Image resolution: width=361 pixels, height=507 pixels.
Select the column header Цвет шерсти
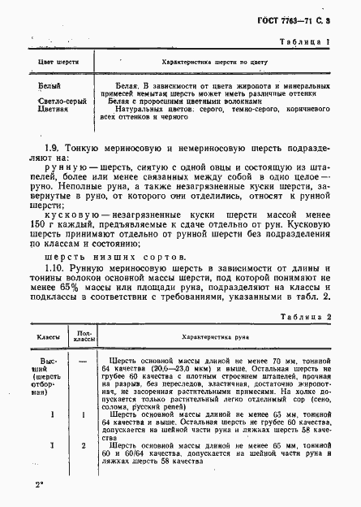point(45,61)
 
